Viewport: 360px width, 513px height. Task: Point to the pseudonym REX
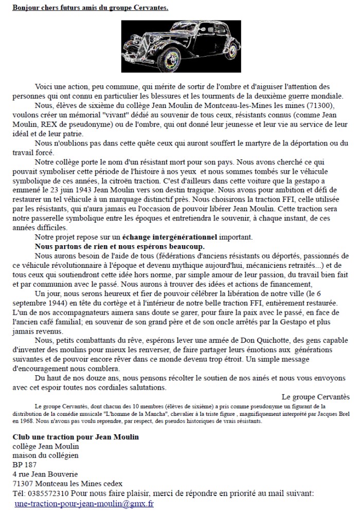(52, 125)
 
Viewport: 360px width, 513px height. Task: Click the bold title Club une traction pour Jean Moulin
(76, 437)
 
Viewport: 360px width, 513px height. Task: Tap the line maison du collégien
(46, 455)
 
